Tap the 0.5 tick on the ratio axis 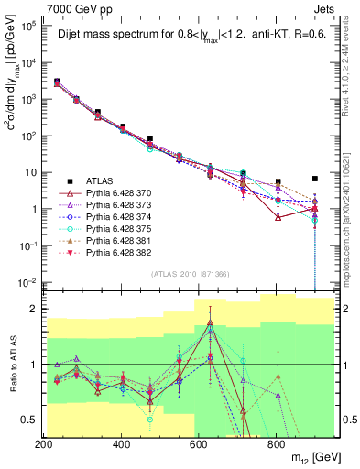click(x=33, y=420)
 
